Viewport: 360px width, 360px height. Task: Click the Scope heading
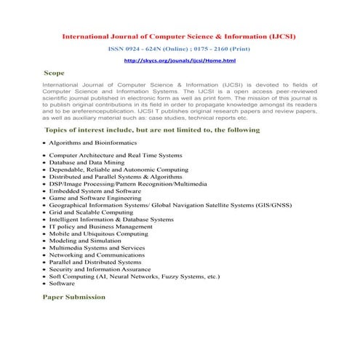[54, 73]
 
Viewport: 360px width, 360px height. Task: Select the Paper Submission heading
[74, 297]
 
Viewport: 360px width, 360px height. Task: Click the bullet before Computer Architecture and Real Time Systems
[45, 156]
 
